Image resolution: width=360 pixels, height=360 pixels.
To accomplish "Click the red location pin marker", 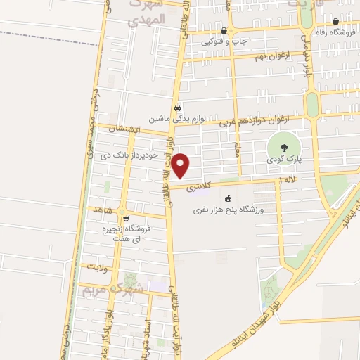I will pos(181,166).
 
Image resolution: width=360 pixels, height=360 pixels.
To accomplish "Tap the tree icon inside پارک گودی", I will pos(283,148).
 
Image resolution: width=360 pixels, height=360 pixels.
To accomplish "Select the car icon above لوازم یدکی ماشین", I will pos(178,108).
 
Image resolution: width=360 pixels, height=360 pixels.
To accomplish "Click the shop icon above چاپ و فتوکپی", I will pos(224,31).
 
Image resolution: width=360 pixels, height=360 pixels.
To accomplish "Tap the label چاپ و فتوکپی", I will pos(225,42).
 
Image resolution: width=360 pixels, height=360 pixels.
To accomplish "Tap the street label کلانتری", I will pos(199,187).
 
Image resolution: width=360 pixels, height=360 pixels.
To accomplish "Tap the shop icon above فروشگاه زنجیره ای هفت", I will pos(126,219).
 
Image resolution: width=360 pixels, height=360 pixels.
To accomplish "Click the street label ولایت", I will pos(96,267).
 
